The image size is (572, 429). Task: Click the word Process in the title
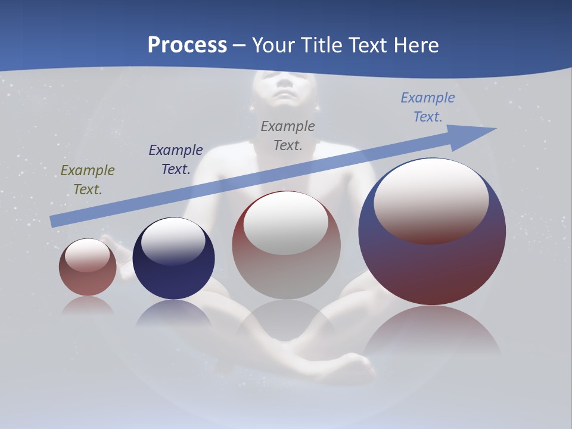(187, 45)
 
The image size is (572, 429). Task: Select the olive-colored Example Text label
(88, 179)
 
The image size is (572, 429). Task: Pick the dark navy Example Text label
(176, 159)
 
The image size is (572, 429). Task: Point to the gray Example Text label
(288, 135)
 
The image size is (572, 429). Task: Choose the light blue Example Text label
(428, 107)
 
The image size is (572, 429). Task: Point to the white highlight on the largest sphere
(431, 200)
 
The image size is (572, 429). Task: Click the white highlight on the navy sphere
(173, 240)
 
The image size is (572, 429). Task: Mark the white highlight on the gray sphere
(285, 223)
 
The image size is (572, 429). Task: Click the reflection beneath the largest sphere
(432, 334)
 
